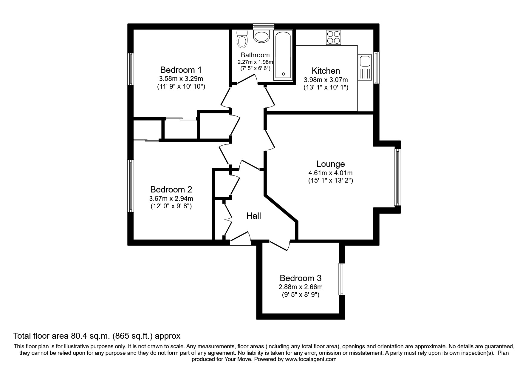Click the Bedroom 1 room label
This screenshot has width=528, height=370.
(181, 70)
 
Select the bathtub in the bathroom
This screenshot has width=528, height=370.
(284, 56)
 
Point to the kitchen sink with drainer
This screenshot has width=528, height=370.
(365, 68)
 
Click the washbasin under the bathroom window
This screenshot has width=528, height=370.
(262, 36)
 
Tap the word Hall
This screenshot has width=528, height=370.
(254, 216)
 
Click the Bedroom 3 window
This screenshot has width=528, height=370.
(342, 279)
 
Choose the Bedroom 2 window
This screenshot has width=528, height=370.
(131, 186)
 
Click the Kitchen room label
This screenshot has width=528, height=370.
(326, 71)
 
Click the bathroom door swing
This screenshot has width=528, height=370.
(247, 79)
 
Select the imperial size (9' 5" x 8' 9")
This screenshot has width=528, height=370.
(300, 295)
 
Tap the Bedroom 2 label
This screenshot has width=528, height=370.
(171, 189)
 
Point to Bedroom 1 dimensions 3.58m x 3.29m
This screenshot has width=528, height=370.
(181, 79)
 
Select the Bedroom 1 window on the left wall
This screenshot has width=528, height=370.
(131, 69)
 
